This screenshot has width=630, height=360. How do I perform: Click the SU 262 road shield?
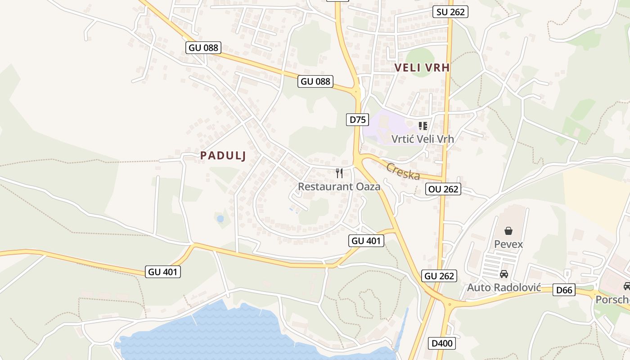[450, 12]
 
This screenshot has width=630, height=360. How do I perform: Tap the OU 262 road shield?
[444, 189]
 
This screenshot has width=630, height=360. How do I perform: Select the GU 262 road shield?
[439, 276]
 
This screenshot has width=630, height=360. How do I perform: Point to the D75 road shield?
[358, 119]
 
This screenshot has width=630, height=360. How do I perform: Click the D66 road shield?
[564, 290]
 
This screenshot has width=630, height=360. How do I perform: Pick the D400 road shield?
[441, 343]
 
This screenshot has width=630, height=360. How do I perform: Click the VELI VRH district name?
[422, 67]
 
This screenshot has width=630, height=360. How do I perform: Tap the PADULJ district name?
[223, 156]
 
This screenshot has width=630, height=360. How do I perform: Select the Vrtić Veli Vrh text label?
[423, 139]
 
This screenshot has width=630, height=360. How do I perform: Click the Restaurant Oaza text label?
[339, 186]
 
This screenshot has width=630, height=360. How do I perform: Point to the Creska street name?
[403, 171]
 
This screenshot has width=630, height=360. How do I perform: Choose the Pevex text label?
[508, 244]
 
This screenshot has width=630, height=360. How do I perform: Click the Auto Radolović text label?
[504, 287]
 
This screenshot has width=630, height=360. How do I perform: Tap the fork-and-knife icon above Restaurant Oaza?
[339, 173]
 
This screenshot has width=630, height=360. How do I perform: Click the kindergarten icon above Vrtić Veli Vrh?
[423, 126]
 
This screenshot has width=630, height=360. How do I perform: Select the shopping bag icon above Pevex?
[508, 231]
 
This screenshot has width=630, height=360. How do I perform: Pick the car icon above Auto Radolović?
[504, 274]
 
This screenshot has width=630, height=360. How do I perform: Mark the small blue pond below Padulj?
[220, 219]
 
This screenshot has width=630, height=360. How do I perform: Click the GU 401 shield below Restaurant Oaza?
[366, 241]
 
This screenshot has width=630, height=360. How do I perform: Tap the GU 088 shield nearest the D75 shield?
[316, 81]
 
